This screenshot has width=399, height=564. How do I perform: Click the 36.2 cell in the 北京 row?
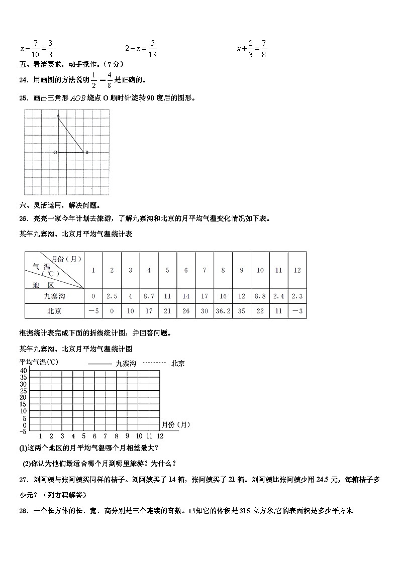(x=223, y=311)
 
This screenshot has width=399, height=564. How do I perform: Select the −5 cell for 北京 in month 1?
(x=93, y=311)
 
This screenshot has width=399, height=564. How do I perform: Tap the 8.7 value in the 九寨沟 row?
(x=149, y=296)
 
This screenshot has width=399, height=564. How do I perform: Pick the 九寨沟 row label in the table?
(x=54, y=296)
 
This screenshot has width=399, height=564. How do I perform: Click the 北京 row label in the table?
(x=54, y=311)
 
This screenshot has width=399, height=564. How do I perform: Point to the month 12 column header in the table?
(x=297, y=270)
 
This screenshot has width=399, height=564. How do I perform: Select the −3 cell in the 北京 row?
(x=297, y=311)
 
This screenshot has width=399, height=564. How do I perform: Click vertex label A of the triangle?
(x=58, y=116)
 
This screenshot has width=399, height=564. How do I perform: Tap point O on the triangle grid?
(x=55, y=152)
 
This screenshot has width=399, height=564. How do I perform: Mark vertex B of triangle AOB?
(x=86, y=152)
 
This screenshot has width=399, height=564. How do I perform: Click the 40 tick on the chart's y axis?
(x=23, y=371)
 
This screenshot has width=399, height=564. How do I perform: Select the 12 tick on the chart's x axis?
(x=160, y=436)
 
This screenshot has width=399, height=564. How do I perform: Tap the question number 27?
(x=23, y=480)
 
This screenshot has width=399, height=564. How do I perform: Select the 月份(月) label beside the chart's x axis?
(x=176, y=424)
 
